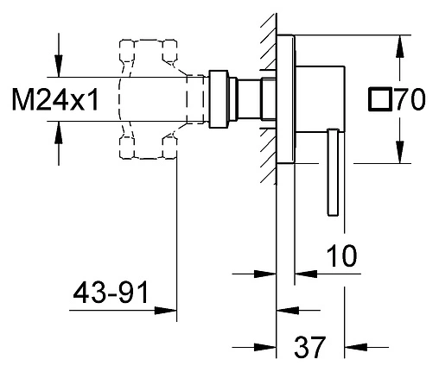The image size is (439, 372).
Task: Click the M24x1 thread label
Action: click(x=55, y=100)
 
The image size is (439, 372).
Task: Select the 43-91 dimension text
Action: click(x=111, y=293)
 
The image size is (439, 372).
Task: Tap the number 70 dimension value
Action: click(x=410, y=99)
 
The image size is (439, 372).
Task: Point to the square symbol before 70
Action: click(x=380, y=99)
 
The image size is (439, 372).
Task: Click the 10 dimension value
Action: click(x=341, y=255)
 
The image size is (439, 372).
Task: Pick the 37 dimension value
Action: click(x=309, y=347)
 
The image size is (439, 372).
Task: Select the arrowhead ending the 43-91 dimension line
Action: click(x=165, y=311)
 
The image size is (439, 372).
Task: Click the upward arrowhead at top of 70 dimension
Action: click(x=399, y=46)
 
